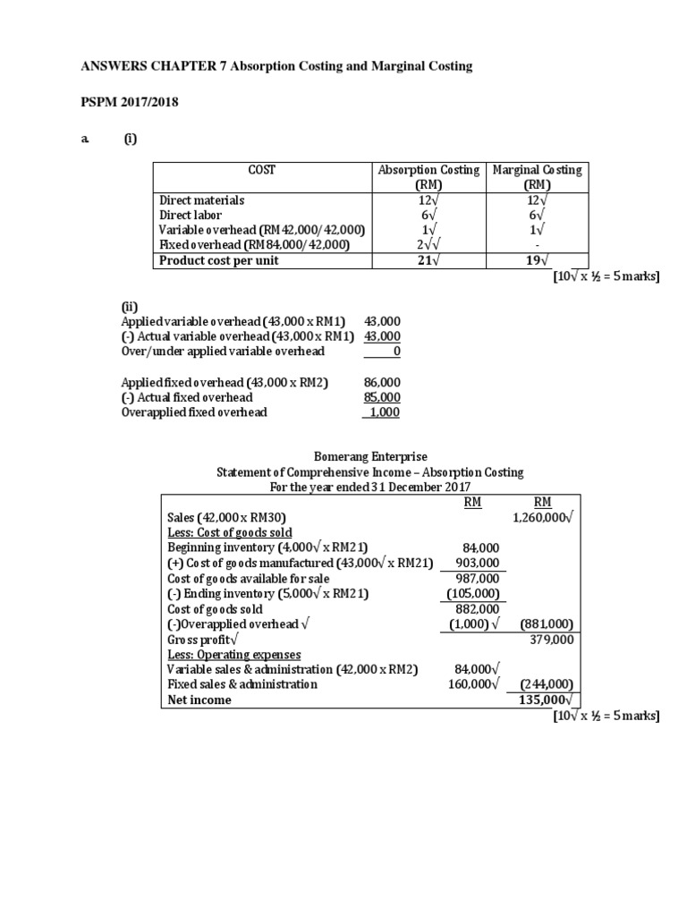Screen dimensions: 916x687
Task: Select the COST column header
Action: (x=261, y=170)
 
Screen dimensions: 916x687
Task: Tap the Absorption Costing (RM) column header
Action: (x=428, y=177)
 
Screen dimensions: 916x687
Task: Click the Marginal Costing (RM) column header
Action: (x=537, y=177)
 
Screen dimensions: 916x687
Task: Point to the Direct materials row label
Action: (x=201, y=200)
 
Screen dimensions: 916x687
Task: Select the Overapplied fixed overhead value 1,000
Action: (x=383, y=412)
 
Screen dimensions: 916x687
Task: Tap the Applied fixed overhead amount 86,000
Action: (x=382, y=382)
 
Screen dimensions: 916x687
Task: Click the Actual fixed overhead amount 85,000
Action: (x=382, y=397)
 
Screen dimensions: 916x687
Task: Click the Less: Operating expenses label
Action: (x=234, y=655)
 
